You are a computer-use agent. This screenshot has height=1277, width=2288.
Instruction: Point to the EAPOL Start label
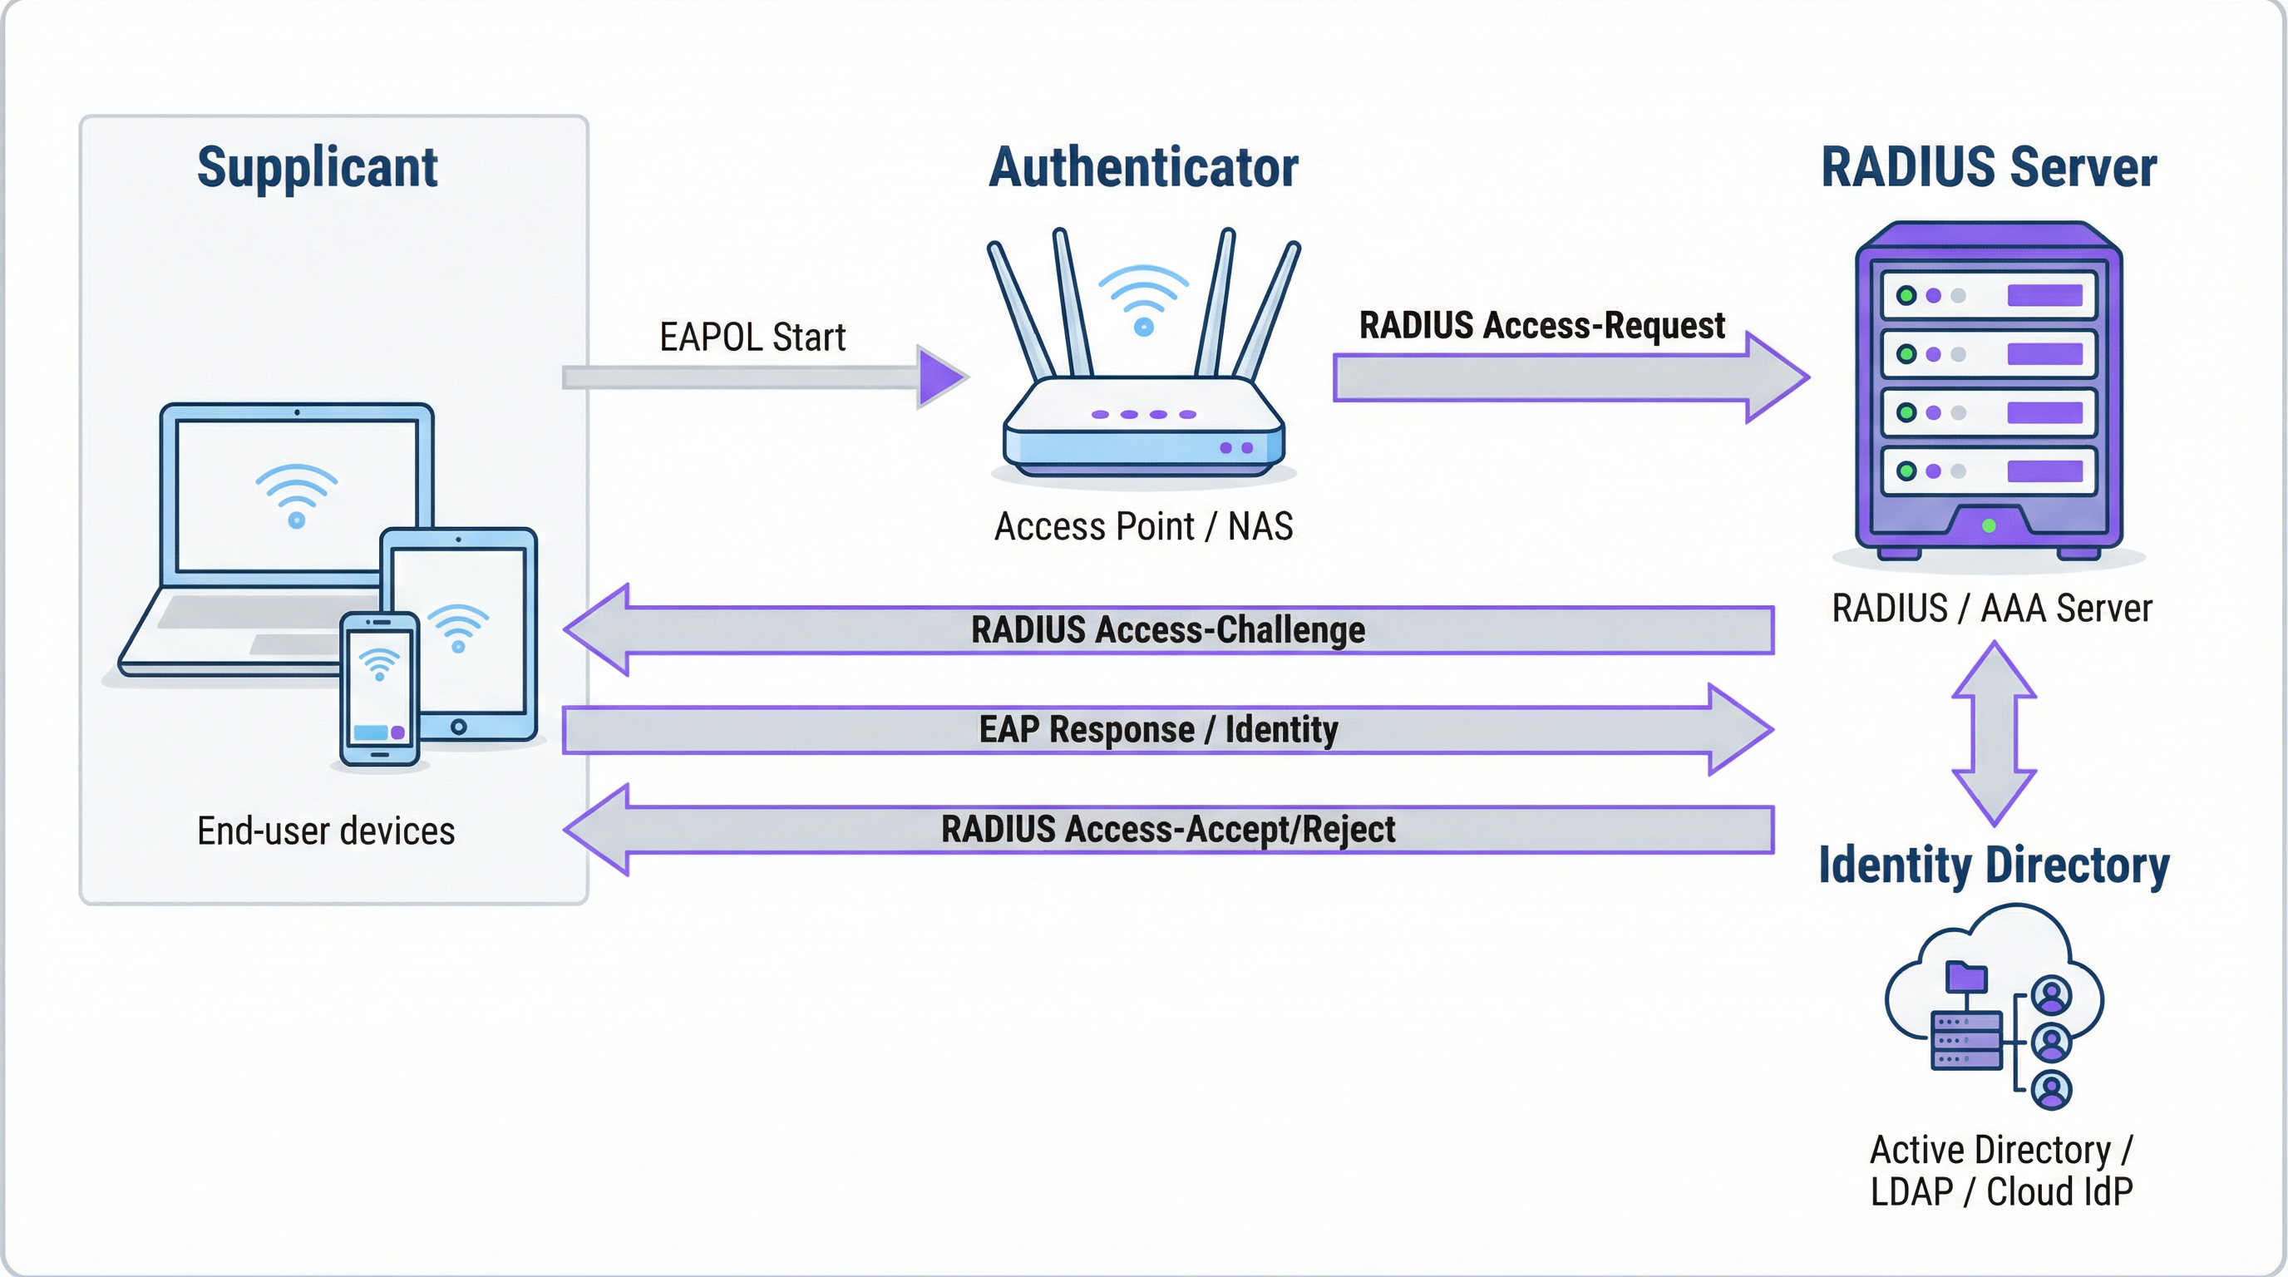click(x=752, y=338)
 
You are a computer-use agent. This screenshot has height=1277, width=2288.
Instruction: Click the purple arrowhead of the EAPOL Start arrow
click(x=939, y=377)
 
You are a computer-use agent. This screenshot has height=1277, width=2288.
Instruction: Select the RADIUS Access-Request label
click(x=1542, y=325)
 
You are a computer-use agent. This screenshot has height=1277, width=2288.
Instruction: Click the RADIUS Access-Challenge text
click(x=1167, y=629)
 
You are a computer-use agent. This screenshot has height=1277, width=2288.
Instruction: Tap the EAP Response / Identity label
click(x=1158, y=729)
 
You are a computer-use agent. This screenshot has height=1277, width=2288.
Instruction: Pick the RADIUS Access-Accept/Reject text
click(x=1167, y=830)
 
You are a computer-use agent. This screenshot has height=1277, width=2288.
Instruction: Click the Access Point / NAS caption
click(x=1143, y=526)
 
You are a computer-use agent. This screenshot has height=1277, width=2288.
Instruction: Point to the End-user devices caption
click(x=326, y=831)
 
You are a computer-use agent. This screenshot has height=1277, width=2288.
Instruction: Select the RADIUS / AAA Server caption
click(x=1991, y=609)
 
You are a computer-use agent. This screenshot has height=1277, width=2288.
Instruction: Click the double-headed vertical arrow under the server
click(x=1993, y=732)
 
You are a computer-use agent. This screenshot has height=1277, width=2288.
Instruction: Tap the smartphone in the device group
click(x=380, y=688)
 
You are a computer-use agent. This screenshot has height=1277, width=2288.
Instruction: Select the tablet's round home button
click(x=458, y=727)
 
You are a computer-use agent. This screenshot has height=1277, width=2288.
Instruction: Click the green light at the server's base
click(x=1989, y=525)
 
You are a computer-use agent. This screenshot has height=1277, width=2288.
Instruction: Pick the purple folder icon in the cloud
click(x=1965, y=977)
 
